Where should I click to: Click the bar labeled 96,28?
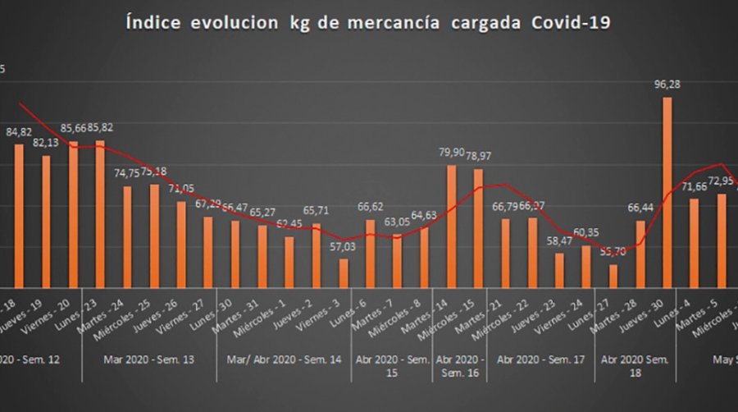point(667,192)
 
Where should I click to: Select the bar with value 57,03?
point(344,272)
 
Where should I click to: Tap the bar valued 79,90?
point(451,226)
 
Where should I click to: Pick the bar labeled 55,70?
point(613,276)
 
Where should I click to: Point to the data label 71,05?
point(181,188)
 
